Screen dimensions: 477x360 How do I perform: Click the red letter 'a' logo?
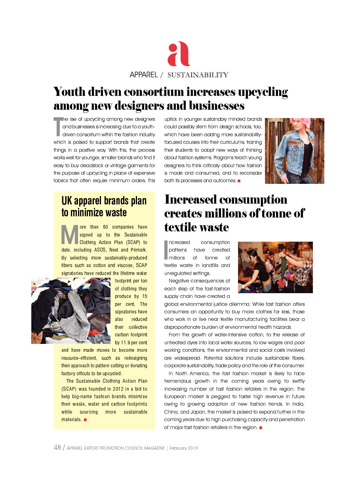(179, 54)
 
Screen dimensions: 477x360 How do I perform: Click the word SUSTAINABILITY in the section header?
(198, 75)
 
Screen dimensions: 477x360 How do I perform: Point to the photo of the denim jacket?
(294, 151)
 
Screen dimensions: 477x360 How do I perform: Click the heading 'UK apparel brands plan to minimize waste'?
(104, 206)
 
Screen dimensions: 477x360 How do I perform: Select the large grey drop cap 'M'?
(69, 235)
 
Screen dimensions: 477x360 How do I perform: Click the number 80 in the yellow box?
(105, 227)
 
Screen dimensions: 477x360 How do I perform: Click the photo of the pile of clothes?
(70, 311)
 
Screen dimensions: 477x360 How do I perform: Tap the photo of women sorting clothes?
(275, 267)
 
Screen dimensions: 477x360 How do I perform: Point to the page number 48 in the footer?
(57, 448)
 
